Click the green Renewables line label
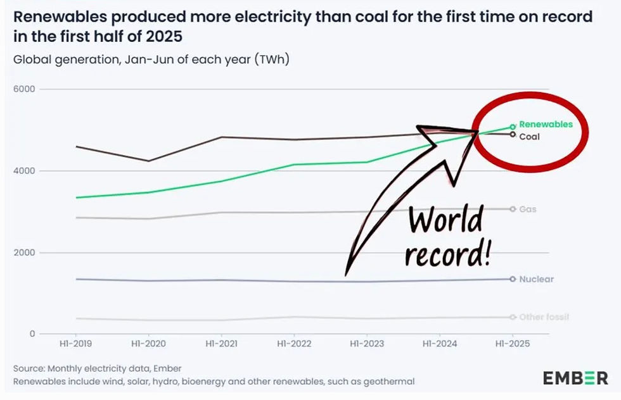(x=546, y=125)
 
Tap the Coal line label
(x=529, y=136)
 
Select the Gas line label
(x=528, y=209)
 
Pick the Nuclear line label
(x=536, y=279)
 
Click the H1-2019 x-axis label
(x=75, y=344)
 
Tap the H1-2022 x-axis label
(x=294, y=344)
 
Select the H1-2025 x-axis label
(x=513, y=344)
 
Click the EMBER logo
(x=575, y=378)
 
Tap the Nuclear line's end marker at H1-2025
(x=513, y=278)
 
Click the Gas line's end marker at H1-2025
(x=513, y=209)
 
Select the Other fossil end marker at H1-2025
(x=513, y=316)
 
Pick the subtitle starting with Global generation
(x=151, y=60)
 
